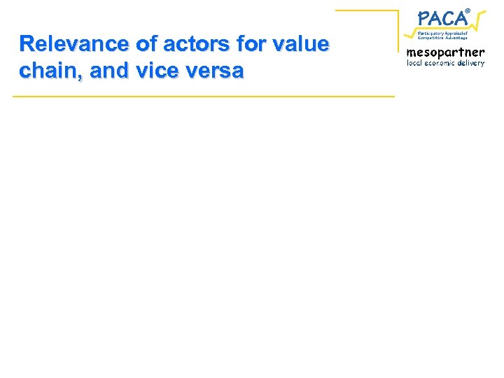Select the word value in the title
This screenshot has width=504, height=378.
[x=300, y=44]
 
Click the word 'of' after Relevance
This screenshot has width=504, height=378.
[x=146, y=44]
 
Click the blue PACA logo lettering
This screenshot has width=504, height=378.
[x=442, y=17]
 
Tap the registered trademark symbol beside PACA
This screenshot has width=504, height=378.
[x=468, y=9]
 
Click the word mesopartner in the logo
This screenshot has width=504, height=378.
[x=445, y=52]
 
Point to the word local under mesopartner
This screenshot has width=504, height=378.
[x=416, y=63]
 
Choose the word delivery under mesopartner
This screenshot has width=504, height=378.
[x=473, y=63]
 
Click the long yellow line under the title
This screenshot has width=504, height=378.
[x=203, y=96]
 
